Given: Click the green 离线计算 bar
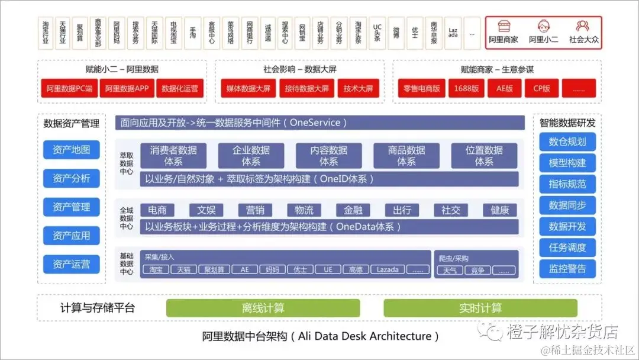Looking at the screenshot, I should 263,308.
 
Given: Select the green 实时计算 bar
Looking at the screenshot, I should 480,308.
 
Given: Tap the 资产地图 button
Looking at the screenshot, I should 72,150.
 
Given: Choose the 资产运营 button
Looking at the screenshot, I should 72,264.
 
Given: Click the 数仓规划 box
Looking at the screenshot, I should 567,142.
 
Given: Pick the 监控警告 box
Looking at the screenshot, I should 567,269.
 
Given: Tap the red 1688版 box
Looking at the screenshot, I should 467,89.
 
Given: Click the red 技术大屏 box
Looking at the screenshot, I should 359,89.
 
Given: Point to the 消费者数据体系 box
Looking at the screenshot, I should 173,156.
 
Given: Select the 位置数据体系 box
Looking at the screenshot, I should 484,156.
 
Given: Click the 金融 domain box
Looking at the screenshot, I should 353,210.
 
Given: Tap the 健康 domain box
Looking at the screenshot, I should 499,210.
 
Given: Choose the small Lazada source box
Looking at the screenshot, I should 388,270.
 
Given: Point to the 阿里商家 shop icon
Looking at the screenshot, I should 504,27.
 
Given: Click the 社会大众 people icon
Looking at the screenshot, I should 582,27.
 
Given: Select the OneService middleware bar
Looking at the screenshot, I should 319,123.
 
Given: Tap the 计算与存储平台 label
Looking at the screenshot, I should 98,308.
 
